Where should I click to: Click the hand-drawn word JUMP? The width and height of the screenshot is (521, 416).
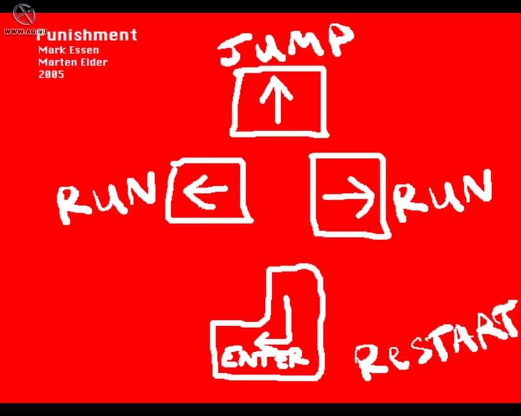click(286, 45)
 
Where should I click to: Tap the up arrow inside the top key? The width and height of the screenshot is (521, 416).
click(277, 99)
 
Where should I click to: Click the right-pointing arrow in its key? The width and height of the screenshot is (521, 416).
click(349, 197)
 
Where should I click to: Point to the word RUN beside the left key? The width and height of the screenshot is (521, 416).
click(106, 198)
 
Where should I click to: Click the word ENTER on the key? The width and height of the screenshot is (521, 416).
click(265, 358)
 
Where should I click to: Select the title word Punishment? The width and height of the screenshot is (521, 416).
click(87, 35)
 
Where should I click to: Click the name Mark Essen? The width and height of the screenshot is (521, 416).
click(69, 50)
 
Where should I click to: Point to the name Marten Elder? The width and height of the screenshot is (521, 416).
click(73, 62)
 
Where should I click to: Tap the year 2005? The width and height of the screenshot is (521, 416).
click(51, 74)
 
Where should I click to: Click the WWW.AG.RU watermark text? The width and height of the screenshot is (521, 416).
click(25, 31)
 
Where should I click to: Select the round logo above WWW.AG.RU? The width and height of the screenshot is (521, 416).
click(25, 14)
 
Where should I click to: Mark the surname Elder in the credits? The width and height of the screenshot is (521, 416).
click(94, 62)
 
